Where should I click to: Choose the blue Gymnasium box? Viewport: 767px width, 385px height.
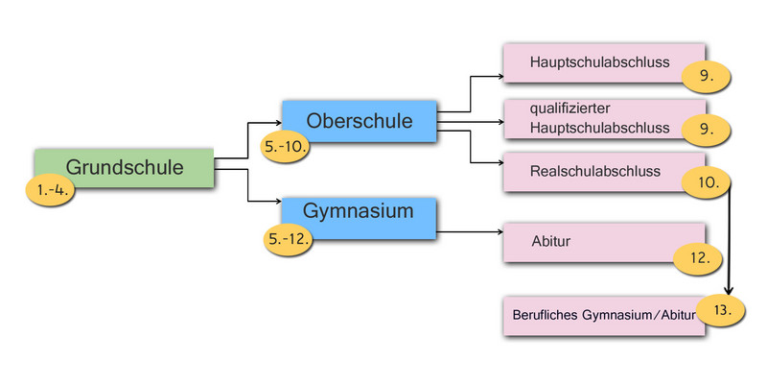tap(359, 210)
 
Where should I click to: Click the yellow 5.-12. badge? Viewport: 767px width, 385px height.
tap(289, 238)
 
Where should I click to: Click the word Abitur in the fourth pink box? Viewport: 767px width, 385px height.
tap(550, 241)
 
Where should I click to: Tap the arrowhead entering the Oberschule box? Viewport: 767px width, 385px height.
tap(277, 123)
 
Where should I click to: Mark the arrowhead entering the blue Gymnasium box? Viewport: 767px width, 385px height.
tap(277, 202)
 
